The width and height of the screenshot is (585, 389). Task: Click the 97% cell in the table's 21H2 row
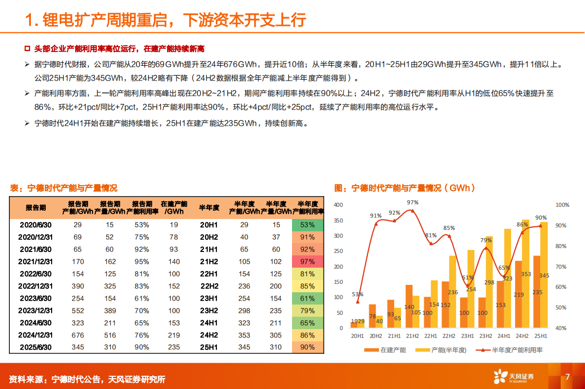tap(308, 261)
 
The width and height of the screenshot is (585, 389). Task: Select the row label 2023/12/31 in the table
tap(35, 310)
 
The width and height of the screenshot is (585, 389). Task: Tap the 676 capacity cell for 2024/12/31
tap(78, 335)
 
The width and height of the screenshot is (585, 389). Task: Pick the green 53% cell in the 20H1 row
tap(308, 224)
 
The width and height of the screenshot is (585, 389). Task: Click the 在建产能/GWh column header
tap(174, 207)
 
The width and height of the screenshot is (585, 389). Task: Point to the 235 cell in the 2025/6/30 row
tap(174, 347)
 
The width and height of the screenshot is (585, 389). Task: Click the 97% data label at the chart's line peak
tap(412, 202)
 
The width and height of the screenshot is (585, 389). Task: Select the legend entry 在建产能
tap(386, 350)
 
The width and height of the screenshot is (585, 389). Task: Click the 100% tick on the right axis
tap(562, 205)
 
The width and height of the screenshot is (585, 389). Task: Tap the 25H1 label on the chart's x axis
tap(540, 335)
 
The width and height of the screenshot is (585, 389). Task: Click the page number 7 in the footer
tap(567, 377)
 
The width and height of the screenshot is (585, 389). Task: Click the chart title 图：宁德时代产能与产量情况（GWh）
tap(405, 188)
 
